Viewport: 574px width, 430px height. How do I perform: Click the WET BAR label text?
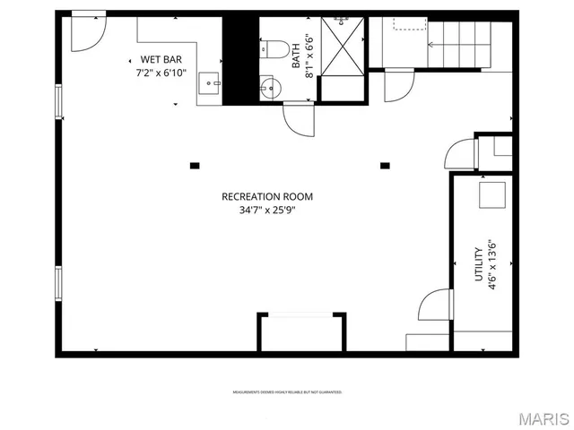point(161,59)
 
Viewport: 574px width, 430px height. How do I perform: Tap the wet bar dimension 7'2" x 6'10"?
point(161,73)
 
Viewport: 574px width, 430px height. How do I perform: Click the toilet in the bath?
point(274,48)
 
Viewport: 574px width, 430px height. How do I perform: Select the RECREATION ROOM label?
point(267,197)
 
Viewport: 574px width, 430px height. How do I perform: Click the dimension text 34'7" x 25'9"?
point(267,211)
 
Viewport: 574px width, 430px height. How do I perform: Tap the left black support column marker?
point(194,165)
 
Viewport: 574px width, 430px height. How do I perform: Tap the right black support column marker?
point(385,165)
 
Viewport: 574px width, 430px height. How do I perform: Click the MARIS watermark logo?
point(541,418)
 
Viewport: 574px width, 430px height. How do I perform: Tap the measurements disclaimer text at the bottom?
point(287,392)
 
